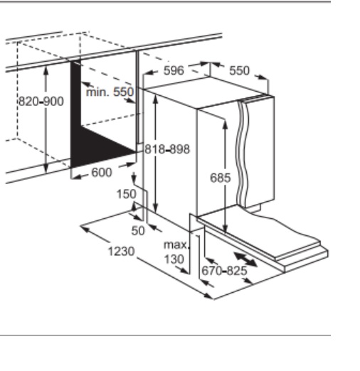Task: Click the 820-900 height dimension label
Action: coord(41,102)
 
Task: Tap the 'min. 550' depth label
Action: coord(110,92)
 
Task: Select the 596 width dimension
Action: coord(174,70)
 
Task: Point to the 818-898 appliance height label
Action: coord(167,149)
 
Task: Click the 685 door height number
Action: coord(221,178)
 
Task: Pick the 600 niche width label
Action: coord(102,173)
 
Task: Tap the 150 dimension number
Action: coord(127,194)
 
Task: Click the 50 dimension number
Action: coord(138,230)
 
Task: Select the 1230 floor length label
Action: coord(122,251)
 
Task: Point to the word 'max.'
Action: coord(176,244)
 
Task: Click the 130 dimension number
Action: coord(174,259)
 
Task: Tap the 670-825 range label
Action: coord(224,271)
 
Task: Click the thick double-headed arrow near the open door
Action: coord(245,259)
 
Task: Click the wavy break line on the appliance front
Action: coord(243,154)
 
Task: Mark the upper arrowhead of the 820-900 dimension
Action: coord(46,70)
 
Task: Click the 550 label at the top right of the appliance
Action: coord(240,70)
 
